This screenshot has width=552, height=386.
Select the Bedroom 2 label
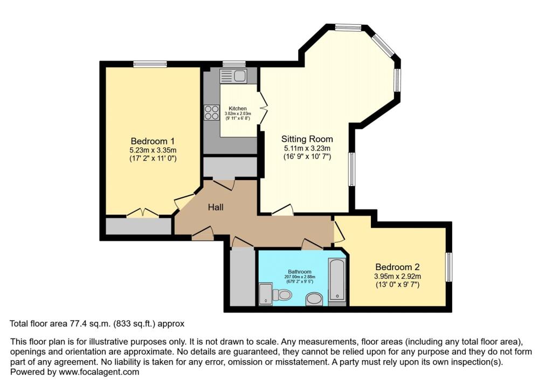(x=397, y=267)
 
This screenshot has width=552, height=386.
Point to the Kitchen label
(x=238, y=108)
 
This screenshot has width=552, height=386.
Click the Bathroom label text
(x=299, y=272)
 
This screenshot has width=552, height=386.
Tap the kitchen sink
(x=233, y=75)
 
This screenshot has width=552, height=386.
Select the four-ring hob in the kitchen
(x=211, y=112)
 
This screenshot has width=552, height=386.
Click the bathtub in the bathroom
(x=337, y=278)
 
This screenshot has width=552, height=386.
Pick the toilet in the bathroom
(x=281, y=294)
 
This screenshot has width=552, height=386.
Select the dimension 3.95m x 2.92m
(x=397, y=276)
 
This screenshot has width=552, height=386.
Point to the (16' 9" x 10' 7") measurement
(x=307, y=157)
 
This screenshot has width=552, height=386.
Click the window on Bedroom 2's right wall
(x=448, y=267)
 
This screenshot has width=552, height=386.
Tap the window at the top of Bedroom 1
(x=150, y=64)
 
